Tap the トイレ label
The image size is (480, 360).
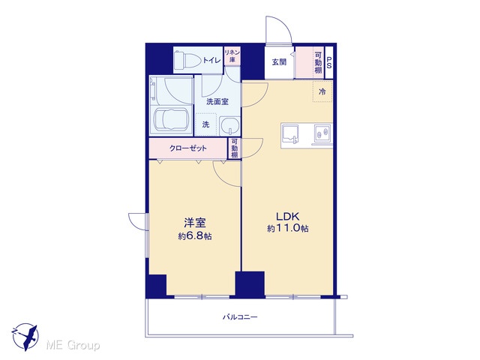click(x=211, y=60)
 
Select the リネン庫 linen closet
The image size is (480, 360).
click(x=232, y=55)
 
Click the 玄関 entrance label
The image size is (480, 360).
click(x=279, y=62)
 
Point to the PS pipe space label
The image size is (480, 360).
click(x=329, y=62)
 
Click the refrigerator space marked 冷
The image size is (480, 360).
click(x=322, y=91)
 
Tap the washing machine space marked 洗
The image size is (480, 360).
click(x=205, y=124)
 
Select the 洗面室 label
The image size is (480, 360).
click(x=217, y=102)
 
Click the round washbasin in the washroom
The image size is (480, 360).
click(x=229, y=126)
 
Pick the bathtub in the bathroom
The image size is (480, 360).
click(x=171, y=119)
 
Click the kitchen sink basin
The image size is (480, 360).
click(x=289, y=133)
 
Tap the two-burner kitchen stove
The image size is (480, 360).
click(x=322, y=133)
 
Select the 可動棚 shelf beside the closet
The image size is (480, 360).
click(x=234, y=148)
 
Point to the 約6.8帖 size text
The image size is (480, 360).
click(x=195, y=236)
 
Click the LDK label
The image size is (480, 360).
click(x=287, y=217)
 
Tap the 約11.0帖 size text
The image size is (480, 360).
click(x=288, y=228)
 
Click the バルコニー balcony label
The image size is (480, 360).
click(x=240, y=316)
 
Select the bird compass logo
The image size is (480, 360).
click(x=25, y=337)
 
